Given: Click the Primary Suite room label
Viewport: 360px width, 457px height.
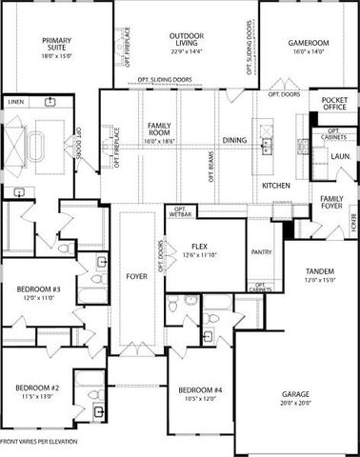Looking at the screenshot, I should [58, 41].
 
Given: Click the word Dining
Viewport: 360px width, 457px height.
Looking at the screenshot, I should [233, 140].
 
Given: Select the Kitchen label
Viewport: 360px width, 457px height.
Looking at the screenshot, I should [275, 184].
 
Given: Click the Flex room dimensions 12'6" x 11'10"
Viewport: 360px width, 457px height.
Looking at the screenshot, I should [200, 254].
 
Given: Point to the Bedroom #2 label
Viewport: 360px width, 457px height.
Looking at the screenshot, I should [37, 388].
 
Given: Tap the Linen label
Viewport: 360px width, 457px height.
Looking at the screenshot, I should [15, 100].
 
